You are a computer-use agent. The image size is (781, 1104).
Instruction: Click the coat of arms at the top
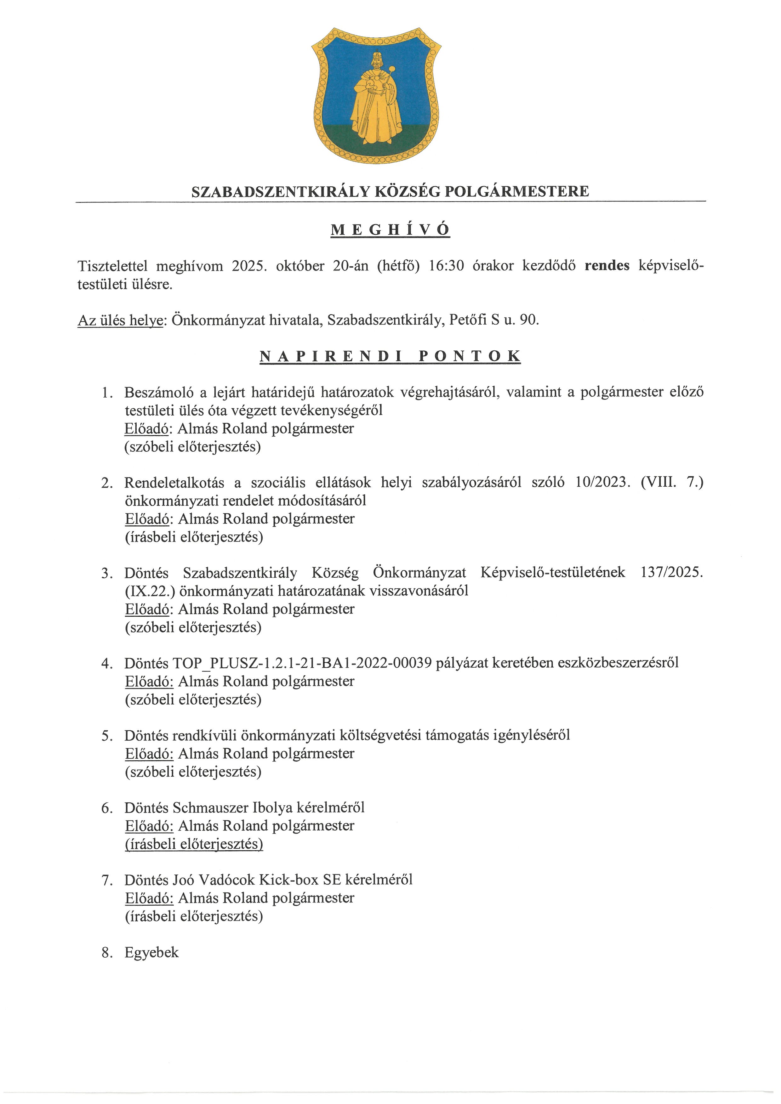(x=376, y=95)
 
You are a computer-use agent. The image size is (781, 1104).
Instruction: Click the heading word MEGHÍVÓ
(x=390, y=230)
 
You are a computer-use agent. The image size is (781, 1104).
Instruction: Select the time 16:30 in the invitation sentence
(x=446, y=266)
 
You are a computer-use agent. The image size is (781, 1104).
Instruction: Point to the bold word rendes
(x=607, y=266)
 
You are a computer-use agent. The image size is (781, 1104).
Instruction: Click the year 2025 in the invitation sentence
(x=249, y=266)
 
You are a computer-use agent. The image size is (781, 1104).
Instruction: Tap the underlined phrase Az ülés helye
(x=120, y=320)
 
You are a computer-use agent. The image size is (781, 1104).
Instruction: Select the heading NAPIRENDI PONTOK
(x=390, y=356)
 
